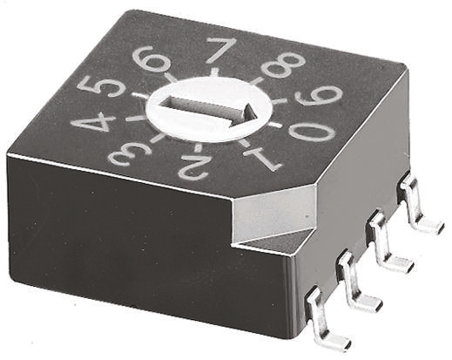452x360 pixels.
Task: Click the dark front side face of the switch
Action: (131, 244)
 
